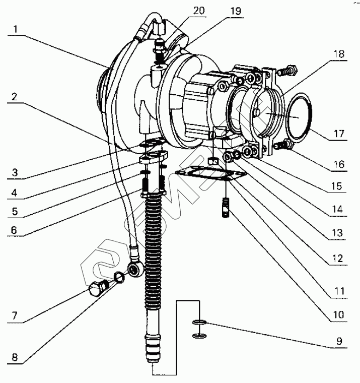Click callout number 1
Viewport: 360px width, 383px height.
16,29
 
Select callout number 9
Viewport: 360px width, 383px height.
339,341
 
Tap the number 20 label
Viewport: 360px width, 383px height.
199,11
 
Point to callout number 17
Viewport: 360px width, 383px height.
339,134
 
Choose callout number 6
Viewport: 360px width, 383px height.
14,230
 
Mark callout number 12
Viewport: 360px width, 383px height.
338,259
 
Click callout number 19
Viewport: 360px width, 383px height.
236,11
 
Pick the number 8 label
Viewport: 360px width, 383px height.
15,357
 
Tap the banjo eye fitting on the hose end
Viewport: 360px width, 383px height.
135,269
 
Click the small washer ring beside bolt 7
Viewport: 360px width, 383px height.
119,277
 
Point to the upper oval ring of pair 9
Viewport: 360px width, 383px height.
200,323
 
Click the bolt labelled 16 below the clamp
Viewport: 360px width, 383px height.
283,145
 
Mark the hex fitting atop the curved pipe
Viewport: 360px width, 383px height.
159,27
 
